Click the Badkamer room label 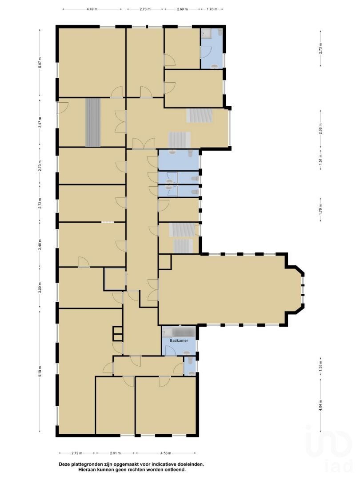179,340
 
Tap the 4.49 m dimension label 92,9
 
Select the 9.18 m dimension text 40,372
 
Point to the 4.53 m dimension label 166,453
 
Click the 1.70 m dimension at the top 212,9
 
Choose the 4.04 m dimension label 320,406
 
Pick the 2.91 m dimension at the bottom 115,453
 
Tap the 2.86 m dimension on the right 320,129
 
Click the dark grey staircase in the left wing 93,123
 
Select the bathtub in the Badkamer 184,332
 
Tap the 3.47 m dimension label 40,123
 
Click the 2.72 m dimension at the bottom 77,453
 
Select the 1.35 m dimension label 320,366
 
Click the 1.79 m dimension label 320,211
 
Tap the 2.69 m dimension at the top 183,9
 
